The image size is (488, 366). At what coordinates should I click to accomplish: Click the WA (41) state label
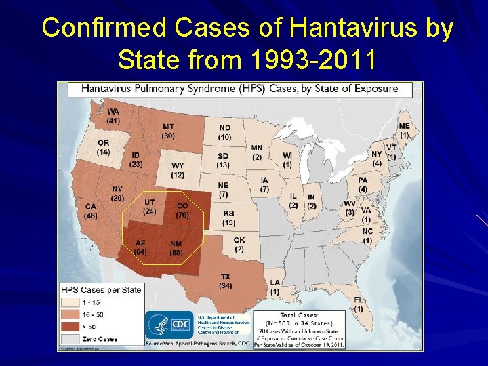[x=113, y=116]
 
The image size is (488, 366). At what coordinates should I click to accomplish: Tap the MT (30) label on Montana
[x=169, y=131]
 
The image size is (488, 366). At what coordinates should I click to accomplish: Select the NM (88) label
[x=176, y=247]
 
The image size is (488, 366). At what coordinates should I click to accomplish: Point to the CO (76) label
[x=182, y=211]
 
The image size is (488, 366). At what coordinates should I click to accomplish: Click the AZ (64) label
[x=140, y=247]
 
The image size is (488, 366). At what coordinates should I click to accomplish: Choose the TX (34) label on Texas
[x=225, y=281]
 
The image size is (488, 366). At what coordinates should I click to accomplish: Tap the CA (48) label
[x=91, y=211]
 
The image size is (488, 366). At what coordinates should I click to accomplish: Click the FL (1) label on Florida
[x=359, y=304]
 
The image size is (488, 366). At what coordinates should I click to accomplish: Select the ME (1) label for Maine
[x=404, y=130]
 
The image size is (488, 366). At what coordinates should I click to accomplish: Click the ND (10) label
[x=224, y=132]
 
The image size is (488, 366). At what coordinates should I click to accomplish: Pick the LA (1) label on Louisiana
[x=274, y=286]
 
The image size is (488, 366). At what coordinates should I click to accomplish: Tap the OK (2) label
[x=239, y=245]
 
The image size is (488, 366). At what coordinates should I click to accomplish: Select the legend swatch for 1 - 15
[x=69, y=302]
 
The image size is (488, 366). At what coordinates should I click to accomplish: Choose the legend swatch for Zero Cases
[x=69, y=338]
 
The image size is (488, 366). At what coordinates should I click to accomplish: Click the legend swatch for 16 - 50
[x=69, y=314]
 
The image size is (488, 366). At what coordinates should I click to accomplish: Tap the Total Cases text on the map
[x=298, y=316]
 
